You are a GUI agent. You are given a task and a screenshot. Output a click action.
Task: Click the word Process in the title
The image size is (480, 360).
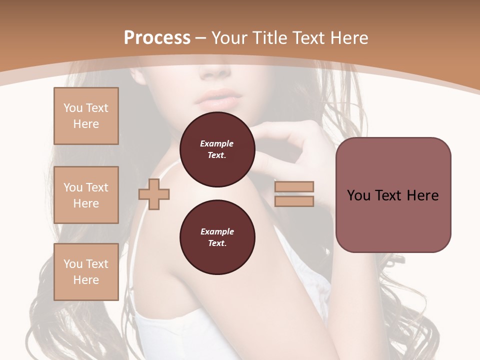(x=157, y=38)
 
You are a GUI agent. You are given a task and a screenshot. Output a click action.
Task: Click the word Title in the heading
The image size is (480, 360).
(x=271, y=38)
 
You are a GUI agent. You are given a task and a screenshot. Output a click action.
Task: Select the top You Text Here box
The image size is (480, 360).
(x=86, y=116)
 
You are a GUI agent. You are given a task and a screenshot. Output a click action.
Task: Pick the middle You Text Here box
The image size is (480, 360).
(x=86, y=195)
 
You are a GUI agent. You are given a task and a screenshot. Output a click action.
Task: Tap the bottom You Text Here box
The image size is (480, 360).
(x=86, y=271)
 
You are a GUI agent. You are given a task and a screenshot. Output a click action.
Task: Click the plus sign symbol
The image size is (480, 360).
(x=154, y=194)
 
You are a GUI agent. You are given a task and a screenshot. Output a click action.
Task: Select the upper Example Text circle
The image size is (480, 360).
(x=217, y=149)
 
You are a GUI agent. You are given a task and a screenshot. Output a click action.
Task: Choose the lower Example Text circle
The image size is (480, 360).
(x=217, y=237)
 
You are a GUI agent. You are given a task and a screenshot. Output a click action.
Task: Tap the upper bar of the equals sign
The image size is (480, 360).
(x=294, y=186)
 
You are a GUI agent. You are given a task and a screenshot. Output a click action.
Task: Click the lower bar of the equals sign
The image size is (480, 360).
(x=294, y=201)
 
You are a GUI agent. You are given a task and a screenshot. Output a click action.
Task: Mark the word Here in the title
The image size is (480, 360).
(x=348, y=38)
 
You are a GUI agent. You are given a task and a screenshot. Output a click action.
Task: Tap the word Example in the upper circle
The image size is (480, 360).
(x=217, y=143)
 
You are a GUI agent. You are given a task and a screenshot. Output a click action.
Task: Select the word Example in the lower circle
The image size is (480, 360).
(x=217, y=231)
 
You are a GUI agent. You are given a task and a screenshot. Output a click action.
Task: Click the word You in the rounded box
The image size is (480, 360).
(x=358, y=195)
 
